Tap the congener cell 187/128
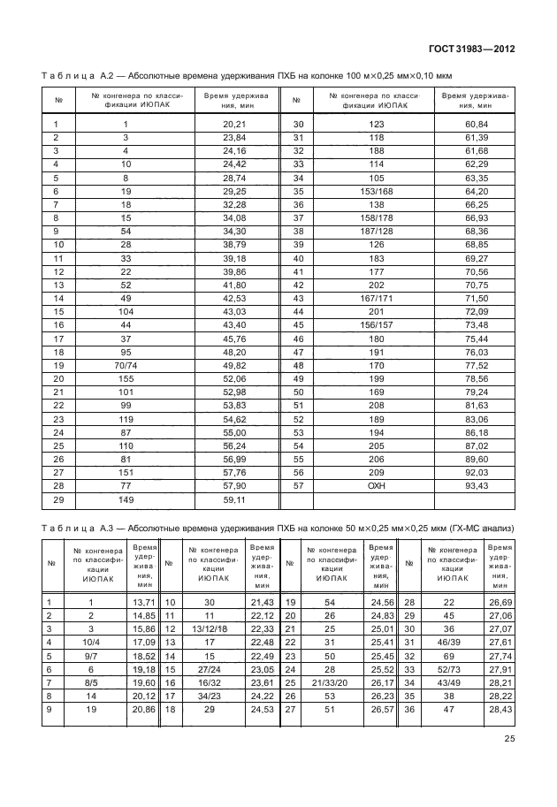[376, 231]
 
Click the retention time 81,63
[476, 404]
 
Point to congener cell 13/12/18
[210, 628]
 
